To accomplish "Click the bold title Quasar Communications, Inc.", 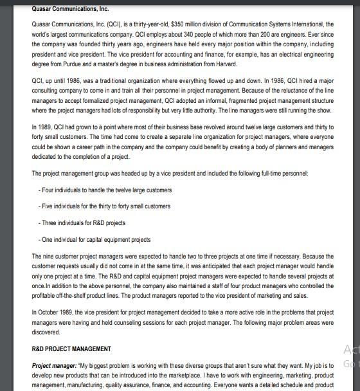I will (x=70, y=9).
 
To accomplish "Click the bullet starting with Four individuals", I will (x=105, y=190).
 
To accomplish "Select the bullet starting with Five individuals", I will (x=104, y=206).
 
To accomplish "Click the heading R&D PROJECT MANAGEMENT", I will (x=71, y=349).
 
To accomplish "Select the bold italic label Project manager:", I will (x=54, y=365).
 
